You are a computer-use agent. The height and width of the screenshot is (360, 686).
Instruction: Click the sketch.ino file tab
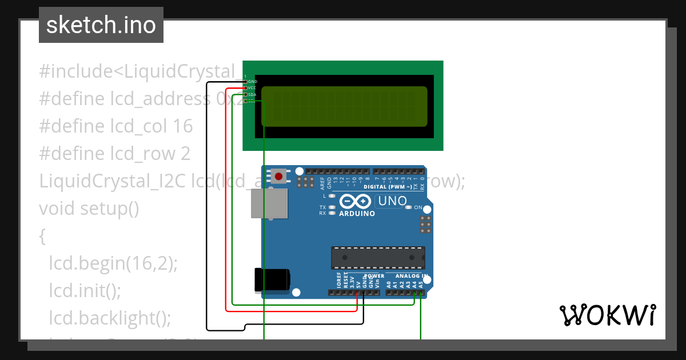pos(101,25)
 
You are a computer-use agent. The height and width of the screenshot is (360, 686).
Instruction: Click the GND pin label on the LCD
pos(252,82)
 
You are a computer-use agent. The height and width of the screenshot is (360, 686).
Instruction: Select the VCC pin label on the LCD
pos(252,88)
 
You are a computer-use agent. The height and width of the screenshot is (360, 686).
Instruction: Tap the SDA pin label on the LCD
pos(252,94)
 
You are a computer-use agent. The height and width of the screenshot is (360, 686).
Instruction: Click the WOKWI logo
pos(607,315)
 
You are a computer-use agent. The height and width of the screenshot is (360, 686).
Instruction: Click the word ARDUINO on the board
pos(357,214)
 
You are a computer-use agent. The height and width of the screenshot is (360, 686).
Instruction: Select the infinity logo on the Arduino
pos(356,202)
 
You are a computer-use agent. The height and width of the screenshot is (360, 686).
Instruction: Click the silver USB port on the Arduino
pos(269,203)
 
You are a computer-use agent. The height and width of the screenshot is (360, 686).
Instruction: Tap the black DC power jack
pos(272,279)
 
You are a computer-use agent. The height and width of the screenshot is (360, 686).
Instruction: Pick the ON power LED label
pos(418,207)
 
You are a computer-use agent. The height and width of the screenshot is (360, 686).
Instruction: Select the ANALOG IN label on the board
pos(408,276)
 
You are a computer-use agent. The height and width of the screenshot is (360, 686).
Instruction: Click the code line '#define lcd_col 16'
pos(116,126)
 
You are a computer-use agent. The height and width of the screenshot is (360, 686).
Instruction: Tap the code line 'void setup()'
pos(89,209)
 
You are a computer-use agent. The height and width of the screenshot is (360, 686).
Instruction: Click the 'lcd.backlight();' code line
pos(110,318)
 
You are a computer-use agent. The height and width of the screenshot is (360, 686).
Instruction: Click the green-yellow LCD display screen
pos(344,106)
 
